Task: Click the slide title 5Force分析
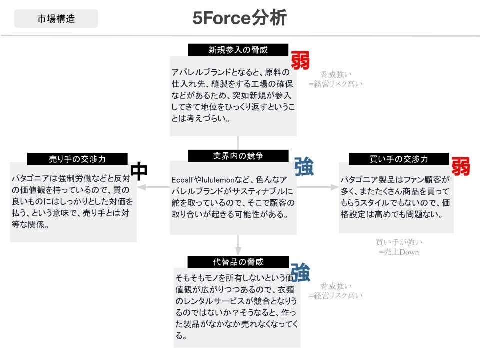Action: (239, 18)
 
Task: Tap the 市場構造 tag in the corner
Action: (56, 19)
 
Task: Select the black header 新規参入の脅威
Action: (238, 50)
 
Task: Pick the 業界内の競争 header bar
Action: (238, 156)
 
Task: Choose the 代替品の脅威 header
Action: (238, 262)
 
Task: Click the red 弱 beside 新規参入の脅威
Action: (300, 61)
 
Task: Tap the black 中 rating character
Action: (139, 170)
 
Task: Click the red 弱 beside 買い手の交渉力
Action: (461, 166)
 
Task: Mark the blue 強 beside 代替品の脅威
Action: (300, 273)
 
